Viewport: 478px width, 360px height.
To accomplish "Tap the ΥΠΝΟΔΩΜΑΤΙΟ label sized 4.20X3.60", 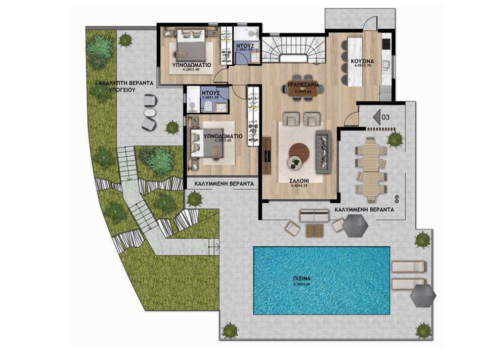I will point(223,137).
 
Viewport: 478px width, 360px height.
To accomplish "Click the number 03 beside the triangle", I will point(385,117).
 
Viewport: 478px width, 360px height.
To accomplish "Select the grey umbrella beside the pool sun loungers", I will point(422,295).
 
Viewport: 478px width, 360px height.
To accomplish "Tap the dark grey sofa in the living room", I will point(322,150).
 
